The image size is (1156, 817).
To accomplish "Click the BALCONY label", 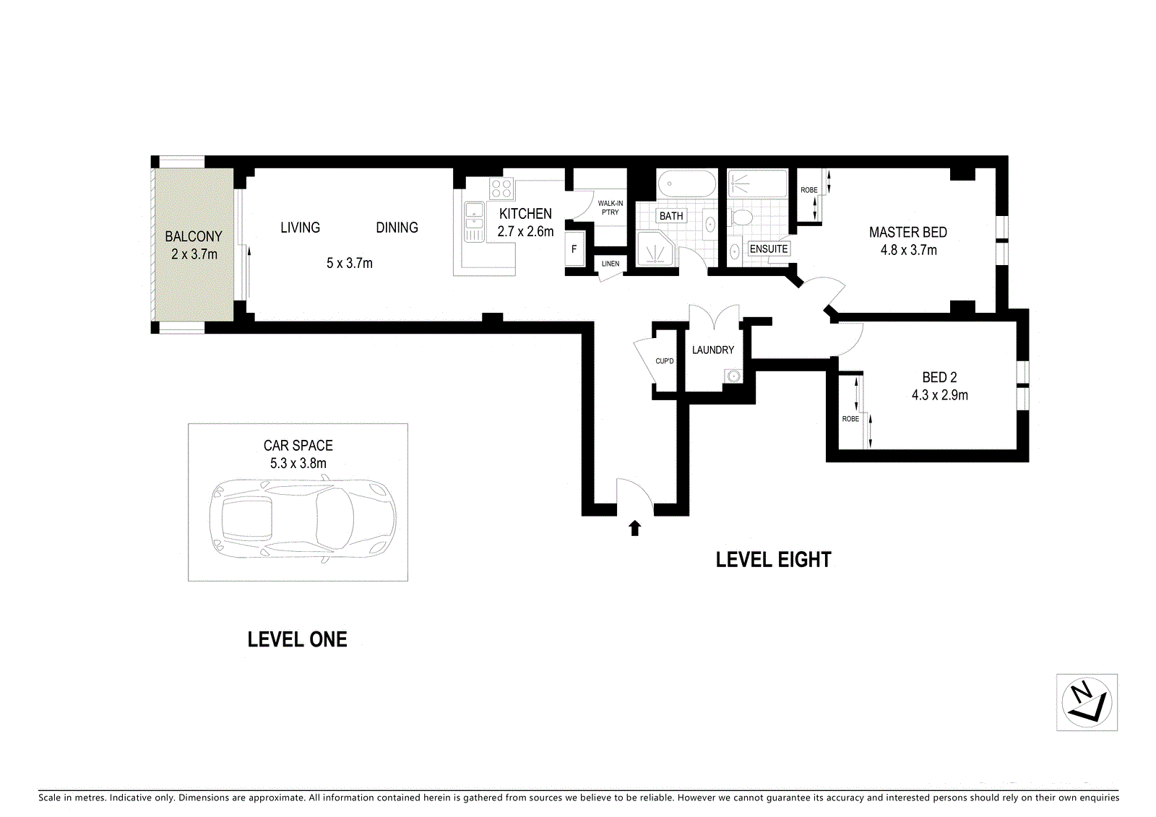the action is click(x=194, y=236).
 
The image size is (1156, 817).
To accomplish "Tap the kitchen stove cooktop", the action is click(x=501, y=189).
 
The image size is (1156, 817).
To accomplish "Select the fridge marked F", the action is click(x=574, y=249).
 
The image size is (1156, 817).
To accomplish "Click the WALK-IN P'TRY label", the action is click(x=610, y=207).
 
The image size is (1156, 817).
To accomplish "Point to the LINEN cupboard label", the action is click(x=611, y=263).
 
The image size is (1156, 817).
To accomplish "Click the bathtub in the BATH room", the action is click(x=687, y=183).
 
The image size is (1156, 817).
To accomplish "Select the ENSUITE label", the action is click(x=769, y=248).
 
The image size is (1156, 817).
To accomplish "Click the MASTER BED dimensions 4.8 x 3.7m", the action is click(x=908, y=251).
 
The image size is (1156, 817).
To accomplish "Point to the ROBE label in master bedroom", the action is click(x=808, y=190).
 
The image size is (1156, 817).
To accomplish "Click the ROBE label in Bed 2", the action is click(x=850, y=418).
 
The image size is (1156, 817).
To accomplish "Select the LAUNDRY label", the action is click(x=712, y=350).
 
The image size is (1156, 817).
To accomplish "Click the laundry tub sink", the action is click(x=733, y=376).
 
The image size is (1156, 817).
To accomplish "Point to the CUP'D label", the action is click(x=664, y=360).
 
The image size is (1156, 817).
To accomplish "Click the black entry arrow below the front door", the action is click(x=635, y=528).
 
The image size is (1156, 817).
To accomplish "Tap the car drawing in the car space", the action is click(x=303, y=517).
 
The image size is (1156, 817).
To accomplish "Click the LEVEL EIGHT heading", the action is click(x=773, y=560).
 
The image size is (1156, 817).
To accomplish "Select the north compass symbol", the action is click(x=1087, y=702).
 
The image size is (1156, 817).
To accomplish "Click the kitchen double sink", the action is click(x=474, y=222).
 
